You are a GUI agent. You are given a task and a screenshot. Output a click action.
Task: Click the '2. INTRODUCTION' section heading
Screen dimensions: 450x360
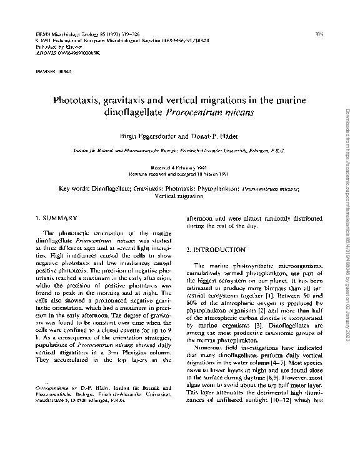click(216, 250)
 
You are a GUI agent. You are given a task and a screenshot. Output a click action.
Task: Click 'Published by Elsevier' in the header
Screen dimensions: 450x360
click(53, 47)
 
